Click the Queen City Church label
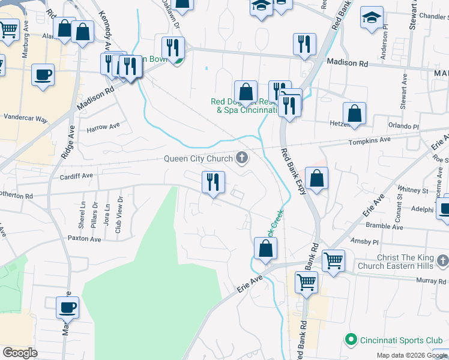(x=199, y=159)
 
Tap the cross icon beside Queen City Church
(x=242, y=158)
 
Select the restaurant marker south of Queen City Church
(x=212, y=182)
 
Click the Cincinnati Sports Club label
(x=401, y=340)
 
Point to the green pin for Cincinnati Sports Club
(x=351, y=340)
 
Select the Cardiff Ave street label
(x=76, y=176)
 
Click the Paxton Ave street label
(x=85, y=238)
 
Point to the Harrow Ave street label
(x=103, y=127)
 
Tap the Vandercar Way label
(x=25, y=119)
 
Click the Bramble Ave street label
(x=382, y=224)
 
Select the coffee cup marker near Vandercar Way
(x=43, y=76)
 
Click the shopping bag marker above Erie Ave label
(x=265, y=248)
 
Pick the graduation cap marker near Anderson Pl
(x=372, y=17)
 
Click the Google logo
(x=20, y=353)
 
